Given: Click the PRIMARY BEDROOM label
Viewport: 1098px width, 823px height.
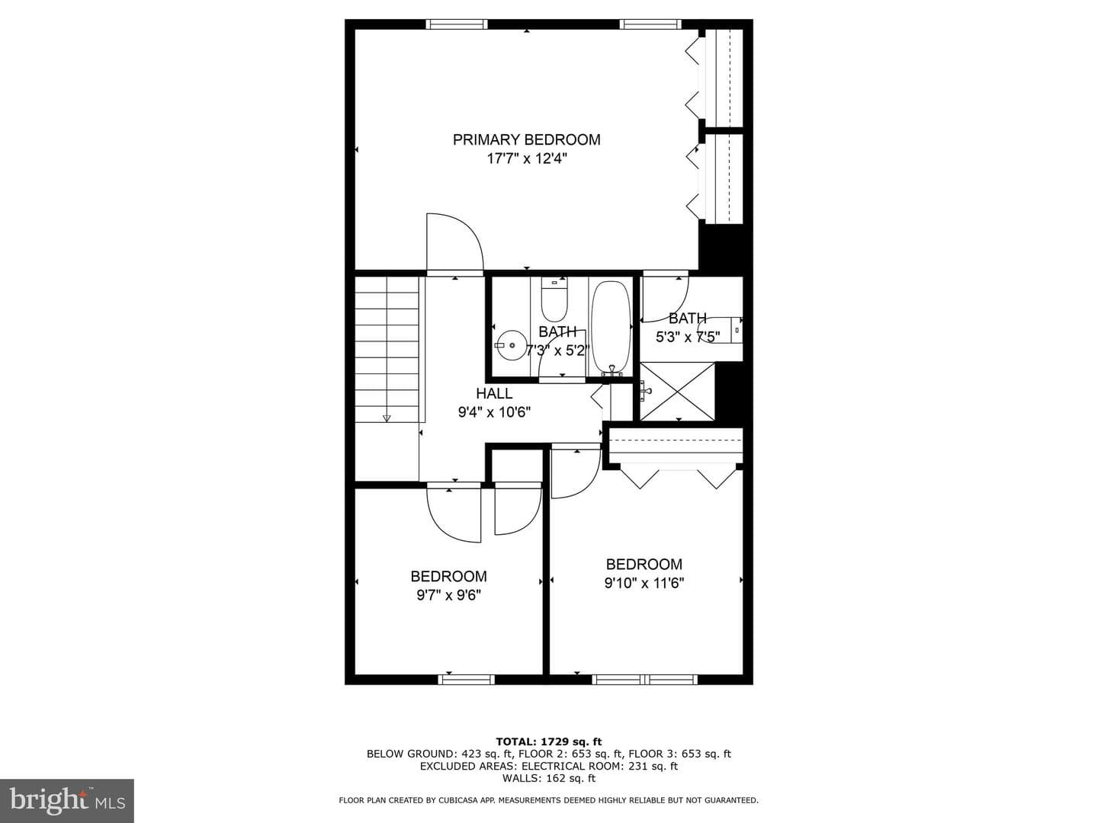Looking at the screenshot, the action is point(526,140).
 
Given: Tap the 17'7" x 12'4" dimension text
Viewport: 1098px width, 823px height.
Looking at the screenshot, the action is point(527,159).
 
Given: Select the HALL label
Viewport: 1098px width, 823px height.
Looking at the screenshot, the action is point(494,393).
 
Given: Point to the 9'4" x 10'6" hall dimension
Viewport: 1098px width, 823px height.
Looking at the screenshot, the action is point(494,412).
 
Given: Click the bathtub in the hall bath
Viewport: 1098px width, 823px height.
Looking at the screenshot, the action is point(611,328).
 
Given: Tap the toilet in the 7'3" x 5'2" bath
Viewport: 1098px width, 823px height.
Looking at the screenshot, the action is point(554,299).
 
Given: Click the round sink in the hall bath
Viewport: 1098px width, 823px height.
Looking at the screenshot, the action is point(511,344).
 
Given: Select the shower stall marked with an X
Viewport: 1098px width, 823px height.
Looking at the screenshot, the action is point(677,392).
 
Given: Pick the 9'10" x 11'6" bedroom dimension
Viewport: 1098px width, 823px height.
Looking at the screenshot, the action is point(644,583).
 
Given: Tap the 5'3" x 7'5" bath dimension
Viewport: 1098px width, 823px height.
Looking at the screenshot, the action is point(688,338).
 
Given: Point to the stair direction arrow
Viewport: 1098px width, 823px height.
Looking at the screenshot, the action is point(386,418).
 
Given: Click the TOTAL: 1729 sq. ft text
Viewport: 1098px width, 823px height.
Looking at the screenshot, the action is point(549,741).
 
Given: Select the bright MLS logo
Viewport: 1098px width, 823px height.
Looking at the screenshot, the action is point(67,800).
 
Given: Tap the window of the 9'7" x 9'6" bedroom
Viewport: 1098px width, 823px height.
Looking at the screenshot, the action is point(466,680).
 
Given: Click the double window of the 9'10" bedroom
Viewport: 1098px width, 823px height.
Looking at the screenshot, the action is point(644,680).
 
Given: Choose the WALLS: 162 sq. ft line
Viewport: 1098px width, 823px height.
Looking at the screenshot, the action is point(549,778).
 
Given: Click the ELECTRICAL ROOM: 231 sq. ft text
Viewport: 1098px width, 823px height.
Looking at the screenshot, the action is point(600,766).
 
